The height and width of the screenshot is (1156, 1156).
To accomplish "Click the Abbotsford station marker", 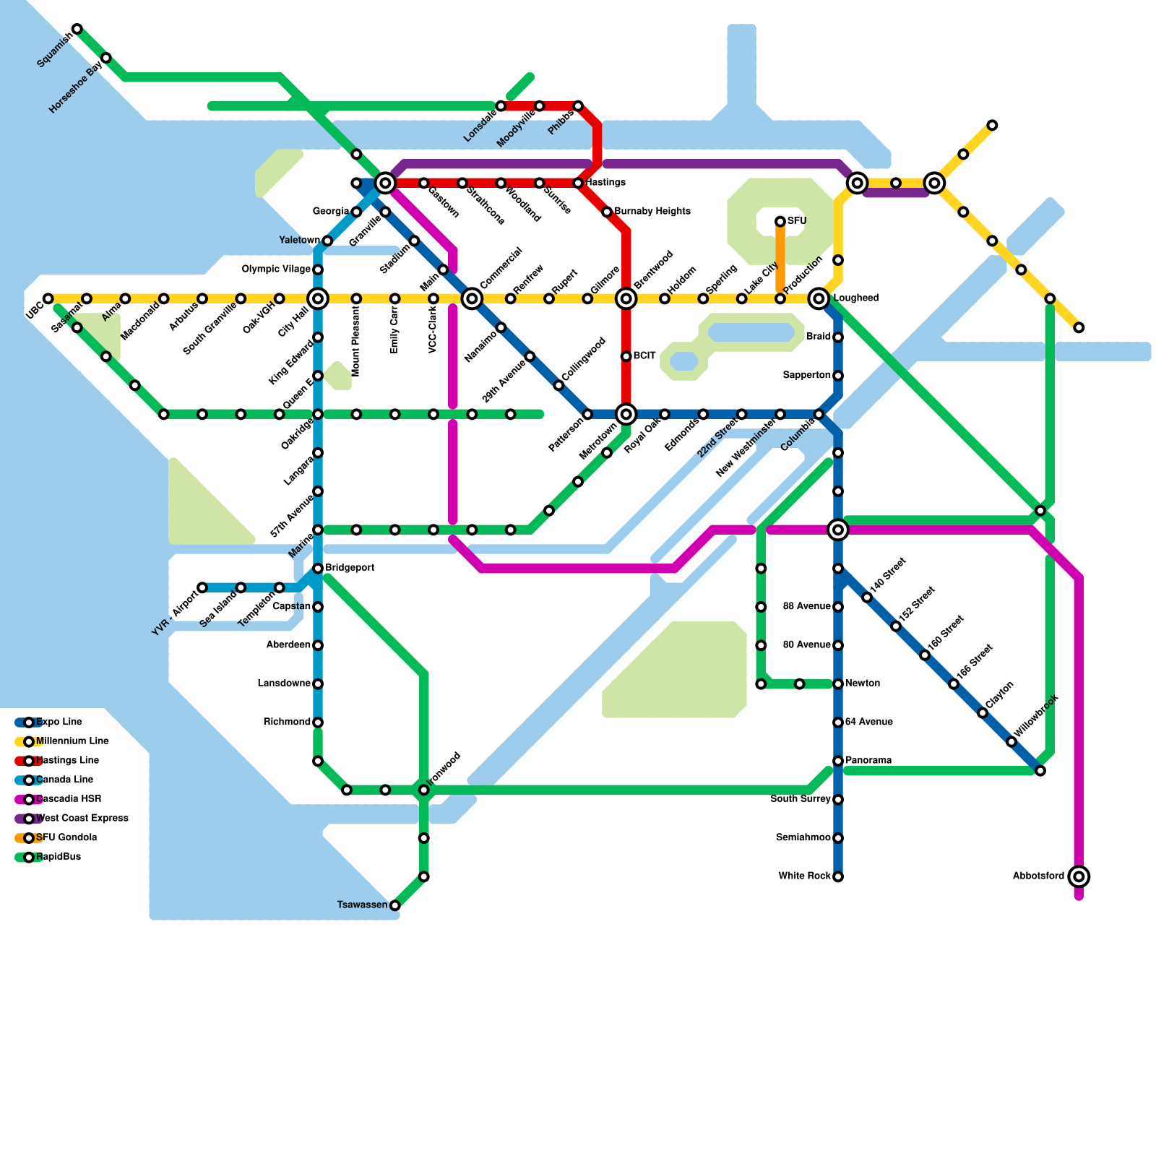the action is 1079,876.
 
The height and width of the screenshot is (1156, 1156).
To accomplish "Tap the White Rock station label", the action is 804,876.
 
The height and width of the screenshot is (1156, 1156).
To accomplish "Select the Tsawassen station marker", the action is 394,905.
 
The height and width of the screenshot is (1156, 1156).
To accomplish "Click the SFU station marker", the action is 780,221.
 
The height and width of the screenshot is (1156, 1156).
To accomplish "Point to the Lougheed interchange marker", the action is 819,298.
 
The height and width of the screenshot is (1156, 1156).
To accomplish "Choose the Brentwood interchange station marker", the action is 626,298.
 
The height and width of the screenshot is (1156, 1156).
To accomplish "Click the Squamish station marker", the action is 77,29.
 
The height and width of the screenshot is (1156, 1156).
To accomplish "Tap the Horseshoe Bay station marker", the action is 106,58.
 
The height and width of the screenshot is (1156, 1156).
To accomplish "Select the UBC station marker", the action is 48,298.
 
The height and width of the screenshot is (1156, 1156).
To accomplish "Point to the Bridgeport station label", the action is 350,568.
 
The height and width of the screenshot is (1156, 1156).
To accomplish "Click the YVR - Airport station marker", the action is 202,587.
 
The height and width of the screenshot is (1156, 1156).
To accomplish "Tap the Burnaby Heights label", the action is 652,212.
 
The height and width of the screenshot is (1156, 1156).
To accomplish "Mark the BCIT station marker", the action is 626,356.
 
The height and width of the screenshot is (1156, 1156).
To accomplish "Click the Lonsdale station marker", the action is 501,106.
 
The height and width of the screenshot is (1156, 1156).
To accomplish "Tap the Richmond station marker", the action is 318,722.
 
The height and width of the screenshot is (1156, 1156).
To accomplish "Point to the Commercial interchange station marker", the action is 472,298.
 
